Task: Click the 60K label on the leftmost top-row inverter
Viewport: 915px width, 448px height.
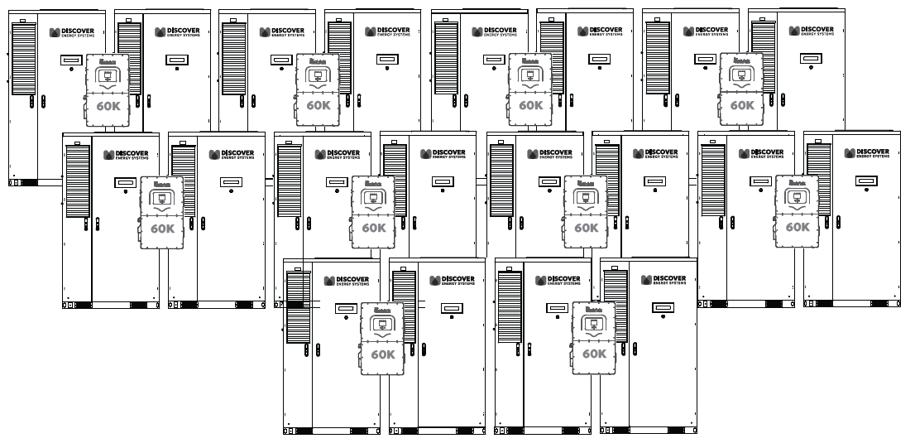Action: pyautogui.click(x=108, y=106)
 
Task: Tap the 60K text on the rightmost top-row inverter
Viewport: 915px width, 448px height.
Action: pyautogui.click(x=742, y=106)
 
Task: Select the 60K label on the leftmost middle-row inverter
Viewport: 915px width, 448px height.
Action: pyautogui.click(x=162, y=229)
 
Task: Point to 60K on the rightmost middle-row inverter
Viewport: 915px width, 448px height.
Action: pyautogui.click(x=798, y=228)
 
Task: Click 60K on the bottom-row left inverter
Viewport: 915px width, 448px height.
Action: pyautogui.click(x=383, y=354)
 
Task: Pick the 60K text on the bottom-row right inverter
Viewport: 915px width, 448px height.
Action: pyautogui.click(x=594, y=354)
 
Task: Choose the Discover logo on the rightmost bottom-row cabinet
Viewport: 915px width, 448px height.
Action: pyautogui.click(x=668, y=280)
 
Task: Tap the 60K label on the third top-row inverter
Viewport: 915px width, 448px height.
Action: pyautogui.click(x=530, y=106)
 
